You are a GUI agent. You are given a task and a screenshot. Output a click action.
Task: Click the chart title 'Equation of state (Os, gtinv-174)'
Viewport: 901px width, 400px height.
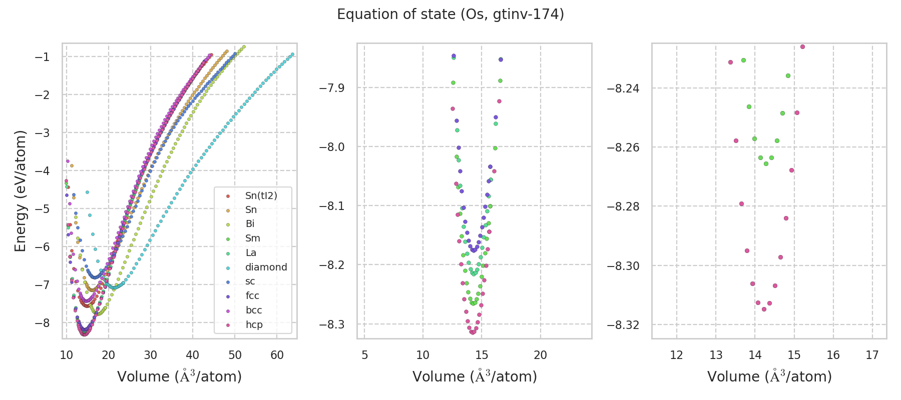[x=450, y=14]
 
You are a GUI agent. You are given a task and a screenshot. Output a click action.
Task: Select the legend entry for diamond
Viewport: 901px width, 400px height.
[x=266, y=267]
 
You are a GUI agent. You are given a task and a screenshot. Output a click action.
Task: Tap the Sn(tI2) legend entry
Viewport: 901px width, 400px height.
[x=261, y=195]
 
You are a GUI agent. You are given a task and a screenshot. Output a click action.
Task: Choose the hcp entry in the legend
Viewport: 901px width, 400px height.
[x=254, y=324]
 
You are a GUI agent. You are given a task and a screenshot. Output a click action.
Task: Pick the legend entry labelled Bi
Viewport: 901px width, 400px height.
[x=250, y=224]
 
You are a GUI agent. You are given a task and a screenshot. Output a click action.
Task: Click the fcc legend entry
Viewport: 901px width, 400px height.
[x=252, y=295]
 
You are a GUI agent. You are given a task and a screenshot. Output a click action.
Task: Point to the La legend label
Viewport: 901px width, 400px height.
[x=251, y=252]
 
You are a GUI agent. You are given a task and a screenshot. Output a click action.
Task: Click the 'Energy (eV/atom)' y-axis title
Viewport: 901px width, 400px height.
[x=20, y=190]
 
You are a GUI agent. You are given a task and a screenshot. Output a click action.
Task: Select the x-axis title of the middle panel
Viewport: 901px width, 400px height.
[x=475, y=376]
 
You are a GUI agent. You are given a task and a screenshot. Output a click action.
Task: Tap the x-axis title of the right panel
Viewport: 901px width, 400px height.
[x=769, y=376]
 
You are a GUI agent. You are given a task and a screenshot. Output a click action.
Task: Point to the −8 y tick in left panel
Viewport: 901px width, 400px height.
[x=42, y=322]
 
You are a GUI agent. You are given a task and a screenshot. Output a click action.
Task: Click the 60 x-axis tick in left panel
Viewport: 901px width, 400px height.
[x=277, y=355]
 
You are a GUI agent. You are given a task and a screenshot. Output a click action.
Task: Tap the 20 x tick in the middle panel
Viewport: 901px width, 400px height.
[x=540, y=355]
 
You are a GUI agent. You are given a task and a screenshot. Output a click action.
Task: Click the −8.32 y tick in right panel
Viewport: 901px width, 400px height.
[x=623, y=324]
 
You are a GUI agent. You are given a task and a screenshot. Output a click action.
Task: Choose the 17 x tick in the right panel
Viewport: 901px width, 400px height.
[x=872, y=355]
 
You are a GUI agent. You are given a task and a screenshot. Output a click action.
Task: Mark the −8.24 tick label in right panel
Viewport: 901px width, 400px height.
[x=623, y=88]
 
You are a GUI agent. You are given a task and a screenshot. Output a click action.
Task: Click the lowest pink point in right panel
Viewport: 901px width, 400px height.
[x=764, y=309]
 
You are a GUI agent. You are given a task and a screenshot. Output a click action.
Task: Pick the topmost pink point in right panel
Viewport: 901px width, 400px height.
[x=802, y=46]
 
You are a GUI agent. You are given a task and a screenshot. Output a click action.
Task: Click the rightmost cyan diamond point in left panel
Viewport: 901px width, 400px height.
[x=292, y=54]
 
